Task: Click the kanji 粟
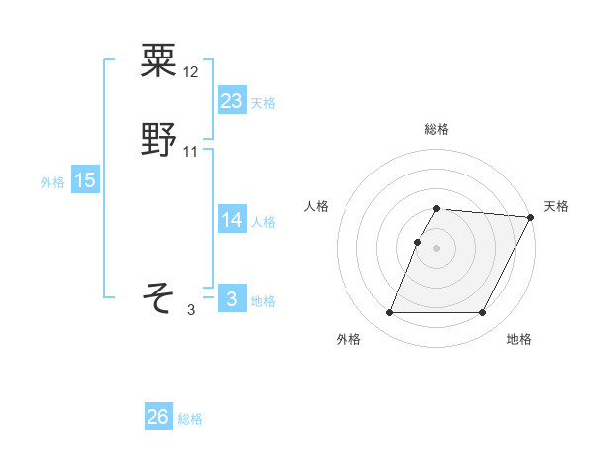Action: [x=158, y=60]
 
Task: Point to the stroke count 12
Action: [x=192, y=71]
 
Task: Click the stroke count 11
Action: [x=191, y=151]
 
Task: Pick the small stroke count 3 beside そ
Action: [x=191, y=310]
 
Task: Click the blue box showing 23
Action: [x=231, y=100]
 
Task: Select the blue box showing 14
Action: [x=231, y=220]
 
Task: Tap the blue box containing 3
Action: [x=231, y=299]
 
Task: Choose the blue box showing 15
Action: [x=84, y=179]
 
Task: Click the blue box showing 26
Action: [x=157, y=417]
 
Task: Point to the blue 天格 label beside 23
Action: [x=263, y=102]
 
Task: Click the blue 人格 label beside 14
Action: [x=263, y=222]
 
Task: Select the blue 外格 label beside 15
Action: [x=51, y=181]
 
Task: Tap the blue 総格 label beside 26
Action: [x=190, y=419]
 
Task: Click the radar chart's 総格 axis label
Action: [x=437, y=129]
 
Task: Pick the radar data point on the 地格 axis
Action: [x=483, y=313]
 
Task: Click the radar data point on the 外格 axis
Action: [x=390, y=313]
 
